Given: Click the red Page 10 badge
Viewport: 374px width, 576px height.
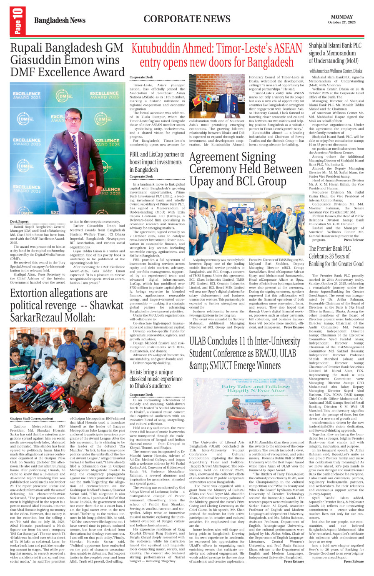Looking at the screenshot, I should [x=18, y=21].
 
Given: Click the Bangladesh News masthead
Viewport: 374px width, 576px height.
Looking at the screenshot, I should [x=60, y=20].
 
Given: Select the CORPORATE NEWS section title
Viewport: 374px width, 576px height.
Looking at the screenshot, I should [x=187, y=19].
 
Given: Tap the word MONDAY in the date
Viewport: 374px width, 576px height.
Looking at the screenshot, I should [x=341, y=17].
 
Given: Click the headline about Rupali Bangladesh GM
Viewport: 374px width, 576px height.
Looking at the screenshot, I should [x=68, y=60].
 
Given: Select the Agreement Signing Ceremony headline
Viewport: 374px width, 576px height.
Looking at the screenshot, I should [x=246, y=169].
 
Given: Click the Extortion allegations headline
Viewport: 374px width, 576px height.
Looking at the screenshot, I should [x=67, y=305].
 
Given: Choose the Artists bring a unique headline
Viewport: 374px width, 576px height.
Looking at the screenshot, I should [x=156, y=379].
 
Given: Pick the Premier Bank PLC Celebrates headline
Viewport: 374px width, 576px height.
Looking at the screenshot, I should [x=336, y=256].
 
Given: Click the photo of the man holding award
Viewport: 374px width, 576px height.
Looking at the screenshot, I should [x=68, y=148].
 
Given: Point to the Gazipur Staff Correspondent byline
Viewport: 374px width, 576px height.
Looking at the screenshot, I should [x=32, y=418].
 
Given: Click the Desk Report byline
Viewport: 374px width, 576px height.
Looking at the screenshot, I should [x=19, y=221].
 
